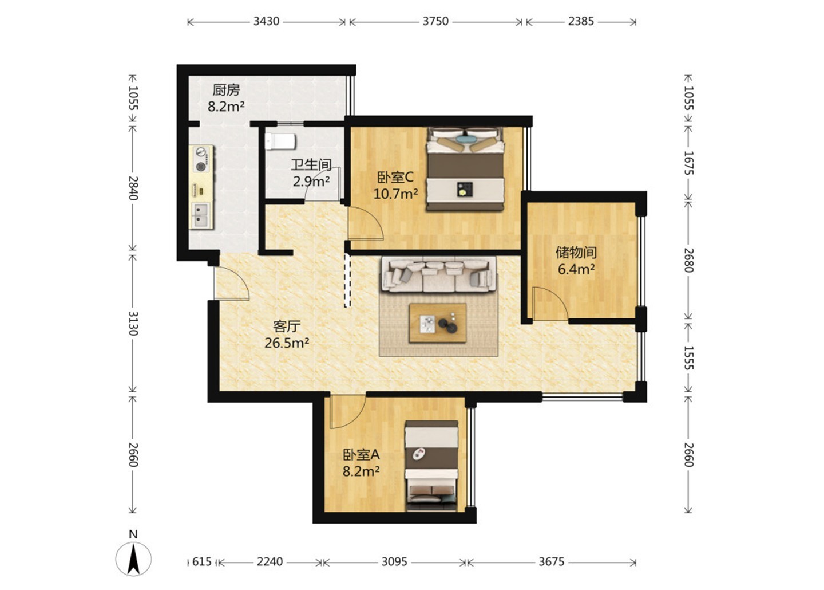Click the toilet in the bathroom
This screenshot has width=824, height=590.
(x=280, y=141)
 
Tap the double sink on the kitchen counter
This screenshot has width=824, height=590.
(x=201, y=215)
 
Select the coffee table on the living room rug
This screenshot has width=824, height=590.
(x=438, y=323)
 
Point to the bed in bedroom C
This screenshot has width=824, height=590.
(x=465, y=169)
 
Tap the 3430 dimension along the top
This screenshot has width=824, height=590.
(x=266, y=21)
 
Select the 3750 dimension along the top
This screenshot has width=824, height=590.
(x=435, y=21)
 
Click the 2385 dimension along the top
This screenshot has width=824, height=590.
(x=581, y=21)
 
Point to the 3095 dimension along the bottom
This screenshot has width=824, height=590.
(x=394, y=561)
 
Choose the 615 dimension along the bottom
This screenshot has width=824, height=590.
(x=201, y=561)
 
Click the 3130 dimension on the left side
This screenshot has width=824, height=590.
(x=133, y=324)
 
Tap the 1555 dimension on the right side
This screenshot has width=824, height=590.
(x=688, y=357)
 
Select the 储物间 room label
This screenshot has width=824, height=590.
(x=576, y=253)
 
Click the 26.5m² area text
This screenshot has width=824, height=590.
(x=287, y=343)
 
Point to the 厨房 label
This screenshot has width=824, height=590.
(x=226, y=90)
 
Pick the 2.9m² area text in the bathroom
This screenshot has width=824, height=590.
(x=311, y=181)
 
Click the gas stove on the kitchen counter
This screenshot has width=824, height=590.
(x=201, y=160)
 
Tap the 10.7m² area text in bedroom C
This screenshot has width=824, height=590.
(x=396, y=194)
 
